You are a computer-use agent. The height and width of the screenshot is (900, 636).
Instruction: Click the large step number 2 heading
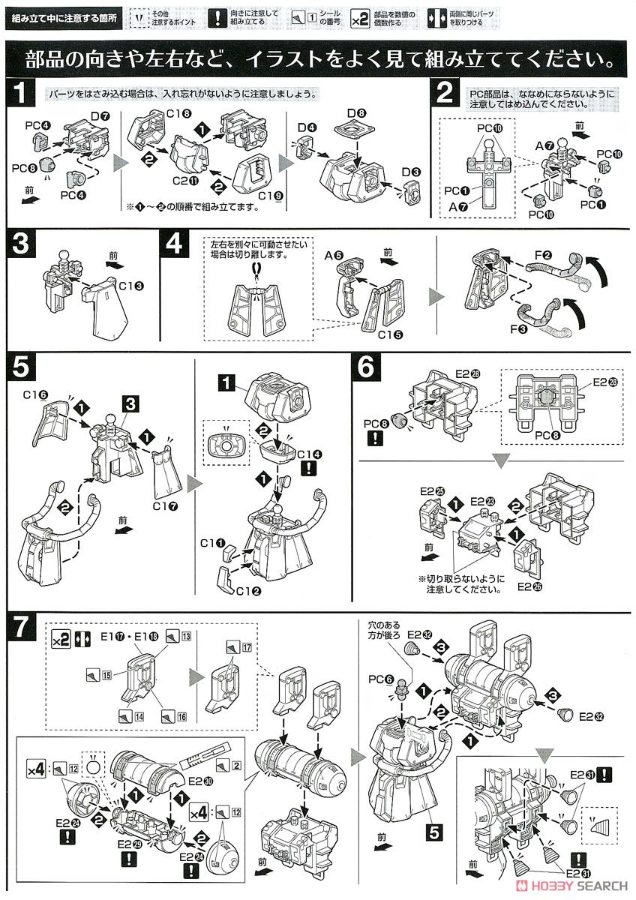[x=445, y=94]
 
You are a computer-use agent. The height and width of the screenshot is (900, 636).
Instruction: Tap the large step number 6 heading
[x=368, y=367]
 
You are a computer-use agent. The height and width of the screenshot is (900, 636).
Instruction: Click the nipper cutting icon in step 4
[x=256, y=267]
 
